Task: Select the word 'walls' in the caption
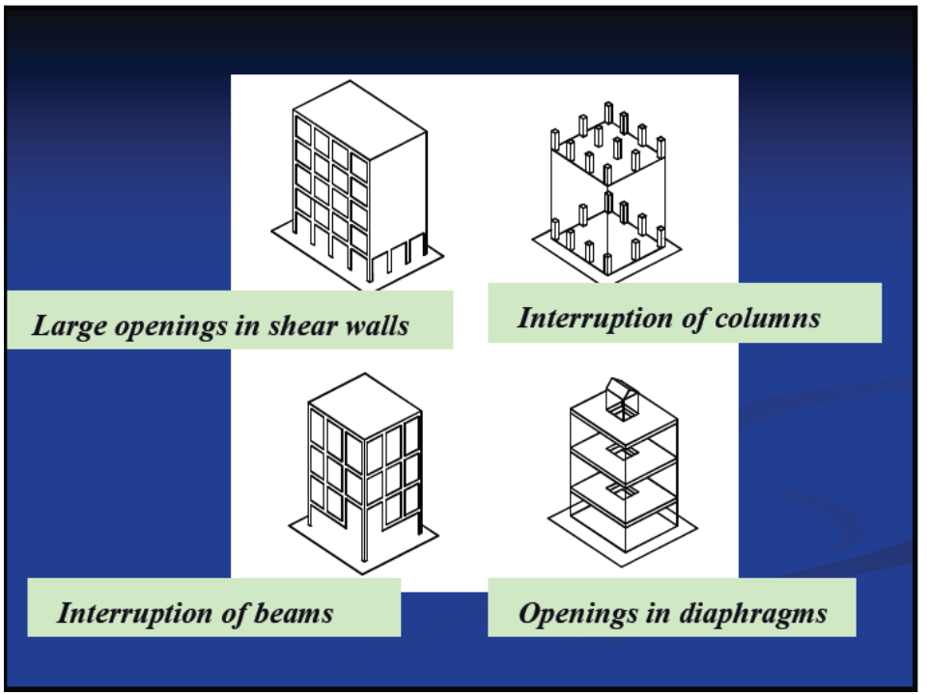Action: click(379, 324)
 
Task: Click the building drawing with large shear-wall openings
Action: click(357, 183)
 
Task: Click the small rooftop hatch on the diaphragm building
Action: click(622, 397)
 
